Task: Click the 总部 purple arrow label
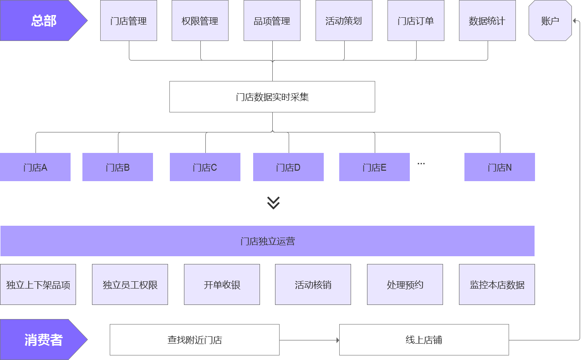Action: pos(41,21)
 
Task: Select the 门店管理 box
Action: pos(128,21)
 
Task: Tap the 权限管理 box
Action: pos(200,21)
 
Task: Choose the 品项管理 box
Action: pos(272,21)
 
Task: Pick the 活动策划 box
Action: pos(344,21)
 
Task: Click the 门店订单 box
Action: pos(416,21)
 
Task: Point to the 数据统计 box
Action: pos(487,21)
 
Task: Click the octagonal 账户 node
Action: pos(550,21)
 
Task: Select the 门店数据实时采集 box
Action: pos(272,97)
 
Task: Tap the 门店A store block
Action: pos(35,167)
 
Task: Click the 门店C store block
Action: pos(205,167)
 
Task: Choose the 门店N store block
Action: pos(499,167)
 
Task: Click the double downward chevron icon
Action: pos(273,203)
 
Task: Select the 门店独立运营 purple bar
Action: pos(267,241)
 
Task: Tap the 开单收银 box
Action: pos(222,284)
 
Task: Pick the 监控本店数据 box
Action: pos(497,284)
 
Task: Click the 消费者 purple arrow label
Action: pos(41,340)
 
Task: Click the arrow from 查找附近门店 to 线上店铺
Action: pos(309,340)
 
